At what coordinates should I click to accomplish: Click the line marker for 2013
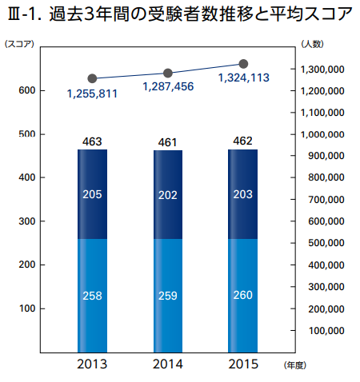pos(92,78)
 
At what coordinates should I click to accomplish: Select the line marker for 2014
pos(168,73)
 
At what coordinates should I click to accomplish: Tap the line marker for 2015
pos(243,64)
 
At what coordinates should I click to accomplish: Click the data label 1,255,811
pos(92,94)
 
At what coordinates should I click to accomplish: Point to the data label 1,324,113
pos(244,78)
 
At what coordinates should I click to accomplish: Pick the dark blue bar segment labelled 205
pos(92,194)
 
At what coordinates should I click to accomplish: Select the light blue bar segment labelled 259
pos(168,296)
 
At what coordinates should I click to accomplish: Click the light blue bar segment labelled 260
pos(242,296)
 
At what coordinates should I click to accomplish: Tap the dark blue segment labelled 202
pos(168,195)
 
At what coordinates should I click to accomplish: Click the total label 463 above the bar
pos(92,141)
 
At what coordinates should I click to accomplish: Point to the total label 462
pos(242,141)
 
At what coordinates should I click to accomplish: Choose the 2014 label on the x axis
pos(168,364)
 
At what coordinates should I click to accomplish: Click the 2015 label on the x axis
pos(243,364)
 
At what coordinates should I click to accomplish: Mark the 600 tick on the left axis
pos(27,90)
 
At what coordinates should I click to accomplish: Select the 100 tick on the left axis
pos(27,308)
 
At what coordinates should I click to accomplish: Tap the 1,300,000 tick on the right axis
pos(322,70)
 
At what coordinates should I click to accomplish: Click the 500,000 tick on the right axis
pos(326,243)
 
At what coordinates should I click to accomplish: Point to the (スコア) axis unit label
pos(19,44)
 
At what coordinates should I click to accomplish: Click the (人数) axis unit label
pos(312,44)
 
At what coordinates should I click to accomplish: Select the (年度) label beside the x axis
pos(295,365)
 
